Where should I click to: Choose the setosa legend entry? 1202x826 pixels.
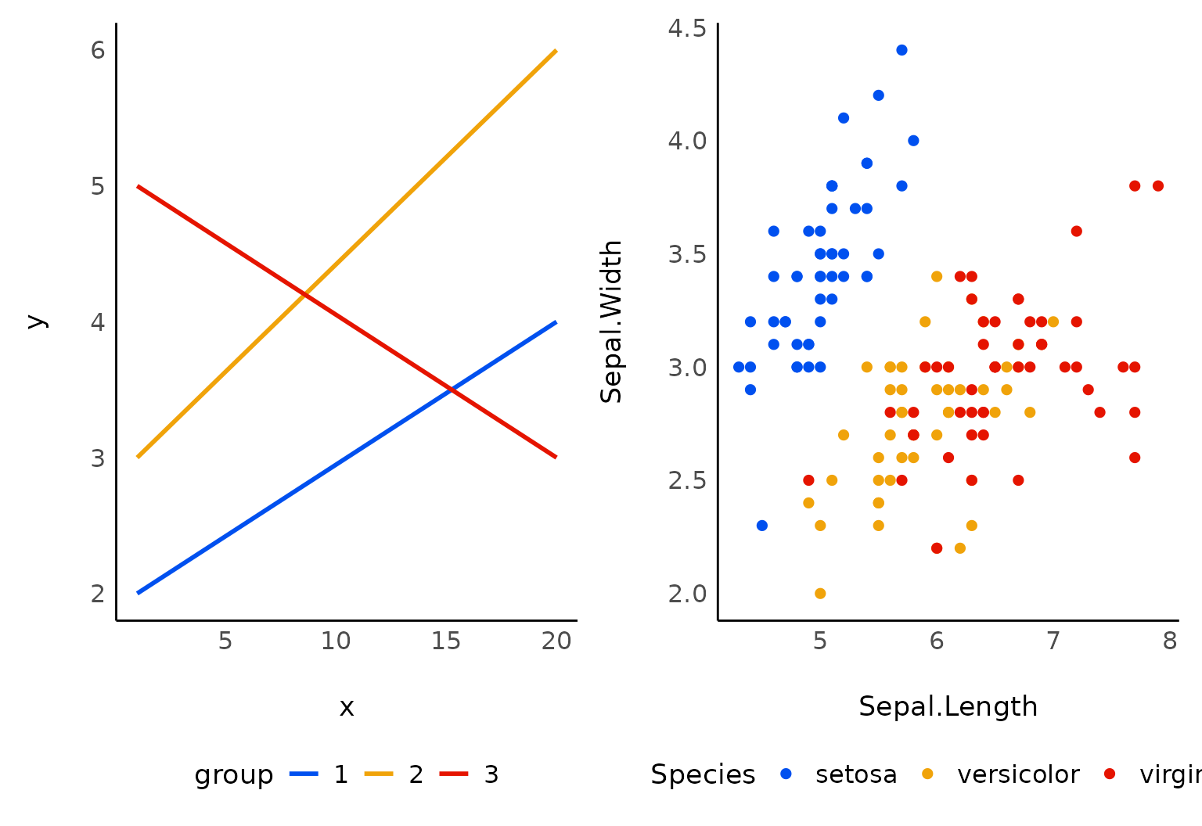pyautogui.click(x=841, y=774)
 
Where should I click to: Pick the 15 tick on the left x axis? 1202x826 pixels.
pyautogui.click(x=446, y=641)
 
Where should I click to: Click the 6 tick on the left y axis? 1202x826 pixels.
pyautogui.click(x=98, y=50)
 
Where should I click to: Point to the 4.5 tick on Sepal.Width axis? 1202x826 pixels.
pyautogui.click(x=687, y=28)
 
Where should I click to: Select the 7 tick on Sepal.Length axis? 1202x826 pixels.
pyautogui.click(x=1053, y=641)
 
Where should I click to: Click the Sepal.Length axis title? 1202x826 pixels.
pyautogui.click(x=948, y=706)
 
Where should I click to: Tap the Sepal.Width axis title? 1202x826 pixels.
pyautogui.click(x=611, y=321)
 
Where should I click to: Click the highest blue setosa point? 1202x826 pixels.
pyautogui.click(x=901, y=50)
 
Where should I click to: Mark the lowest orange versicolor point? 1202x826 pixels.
pyautogui.click(x=820, y=593)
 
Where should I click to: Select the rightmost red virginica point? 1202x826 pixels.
pyautogui.click(x=1158, y=186)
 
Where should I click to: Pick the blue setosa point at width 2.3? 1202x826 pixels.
pyautogui.click(x=762, y=526)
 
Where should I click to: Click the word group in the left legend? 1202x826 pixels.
pyautogui.click(x=233, y=774)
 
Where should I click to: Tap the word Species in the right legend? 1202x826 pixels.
pyautogui.click(x=703, y=774)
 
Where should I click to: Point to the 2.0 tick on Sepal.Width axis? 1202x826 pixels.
pyautogui.click(x=687, y=593)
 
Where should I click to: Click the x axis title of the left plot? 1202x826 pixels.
pyautogui.click(x=347, y=708)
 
